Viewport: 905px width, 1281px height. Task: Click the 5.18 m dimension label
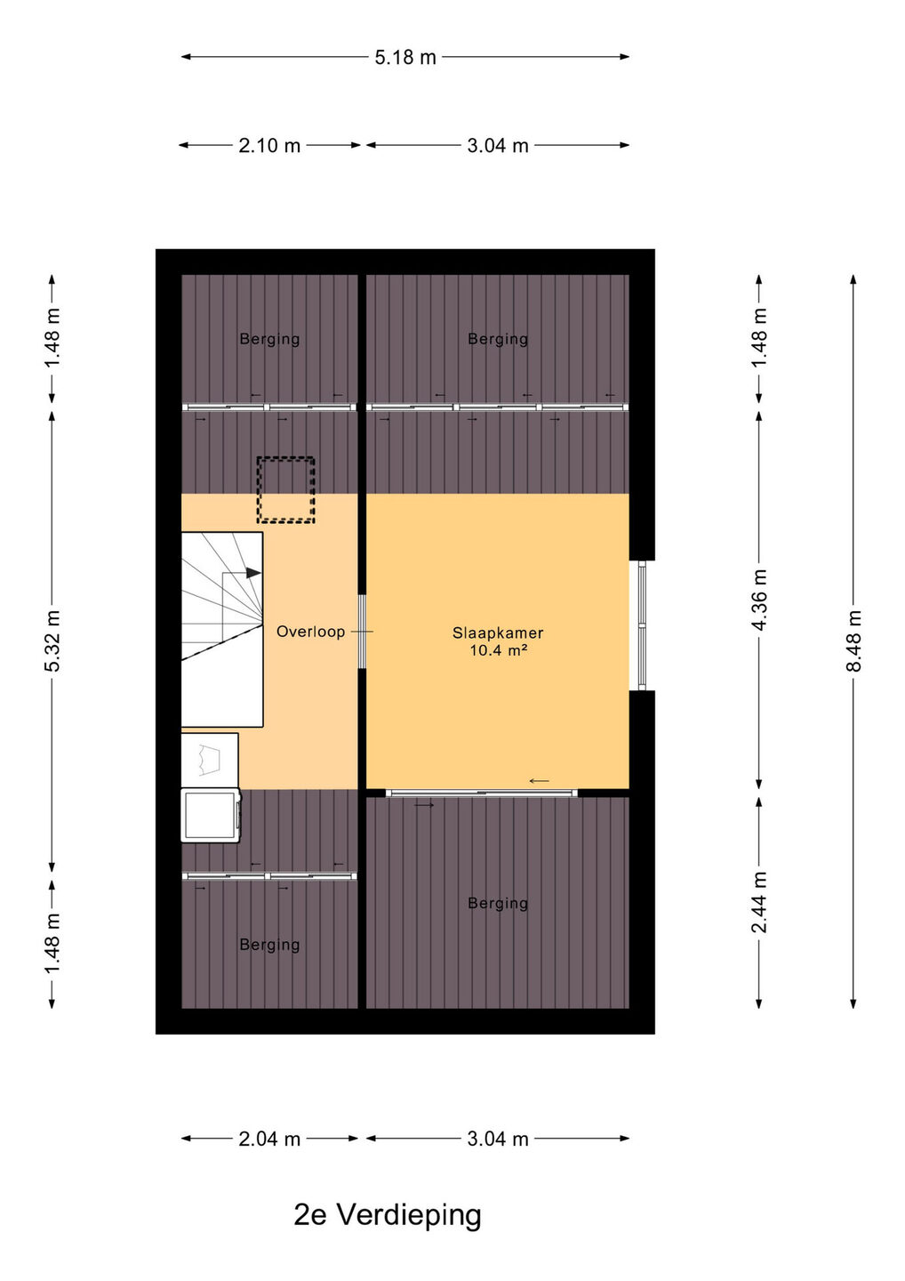tap(405, 57)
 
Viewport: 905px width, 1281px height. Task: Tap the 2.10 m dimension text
tap(269, 146)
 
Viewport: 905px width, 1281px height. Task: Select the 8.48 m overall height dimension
tap(853, 640)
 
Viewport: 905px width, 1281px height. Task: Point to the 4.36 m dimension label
tap(759, 600)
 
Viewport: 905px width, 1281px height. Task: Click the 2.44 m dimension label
tap(759, 902)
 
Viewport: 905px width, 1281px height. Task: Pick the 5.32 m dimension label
tap(52, 640)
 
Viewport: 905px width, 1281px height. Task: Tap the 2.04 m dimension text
tap(269, 1139)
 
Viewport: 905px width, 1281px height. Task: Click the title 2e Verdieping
tap(388, 1216)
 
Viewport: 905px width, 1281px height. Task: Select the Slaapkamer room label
tap(498, 633)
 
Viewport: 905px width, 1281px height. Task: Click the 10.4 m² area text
tap(498, 650)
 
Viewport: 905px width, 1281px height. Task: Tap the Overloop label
tap(311, 632)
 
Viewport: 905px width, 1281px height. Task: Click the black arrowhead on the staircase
tap(253, 573)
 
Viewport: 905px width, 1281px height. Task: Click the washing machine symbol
tap(211, 816)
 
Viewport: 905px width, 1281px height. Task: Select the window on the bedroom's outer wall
tap(642, 625)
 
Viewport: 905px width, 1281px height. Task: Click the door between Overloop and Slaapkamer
tap(362, 632)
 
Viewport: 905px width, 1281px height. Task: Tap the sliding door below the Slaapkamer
tap(482, 793)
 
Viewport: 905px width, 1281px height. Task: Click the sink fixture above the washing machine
tap(210, 761)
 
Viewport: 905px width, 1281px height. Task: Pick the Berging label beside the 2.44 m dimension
tap(498, 903)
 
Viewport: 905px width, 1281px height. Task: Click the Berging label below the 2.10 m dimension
tap(269, 339)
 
